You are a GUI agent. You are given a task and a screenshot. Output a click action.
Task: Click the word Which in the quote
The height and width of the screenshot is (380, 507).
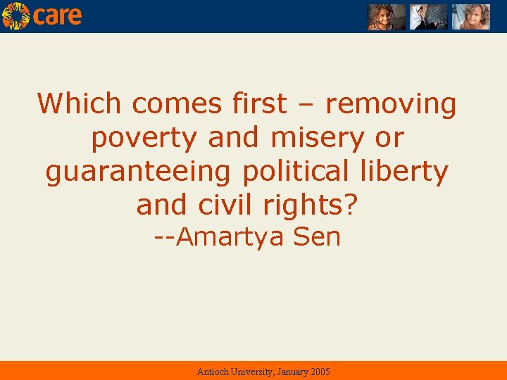coord(81,104)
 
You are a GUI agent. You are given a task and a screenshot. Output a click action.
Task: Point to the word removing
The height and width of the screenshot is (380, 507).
coord(391,104)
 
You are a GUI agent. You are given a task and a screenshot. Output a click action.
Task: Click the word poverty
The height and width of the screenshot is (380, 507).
coord(146,138)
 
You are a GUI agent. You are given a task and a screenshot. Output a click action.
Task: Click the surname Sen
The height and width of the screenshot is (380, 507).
coord(317,237)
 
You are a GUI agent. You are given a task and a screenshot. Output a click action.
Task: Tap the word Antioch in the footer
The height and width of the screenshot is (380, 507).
coord(212,372)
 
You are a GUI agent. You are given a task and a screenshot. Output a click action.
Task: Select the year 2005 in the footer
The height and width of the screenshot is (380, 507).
coord(318,372)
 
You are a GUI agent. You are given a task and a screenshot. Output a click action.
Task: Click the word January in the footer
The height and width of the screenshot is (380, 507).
coord(287,372)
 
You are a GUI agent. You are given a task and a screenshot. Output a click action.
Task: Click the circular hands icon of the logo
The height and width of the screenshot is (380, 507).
coord(15,15)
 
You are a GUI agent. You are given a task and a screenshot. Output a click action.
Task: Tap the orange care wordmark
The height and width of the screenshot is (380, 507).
coord(57,15)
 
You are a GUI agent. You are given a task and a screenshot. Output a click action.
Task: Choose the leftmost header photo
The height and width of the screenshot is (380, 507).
coord(387,17)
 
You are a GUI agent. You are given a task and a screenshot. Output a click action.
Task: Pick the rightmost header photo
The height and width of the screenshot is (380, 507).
coord(470,17)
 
